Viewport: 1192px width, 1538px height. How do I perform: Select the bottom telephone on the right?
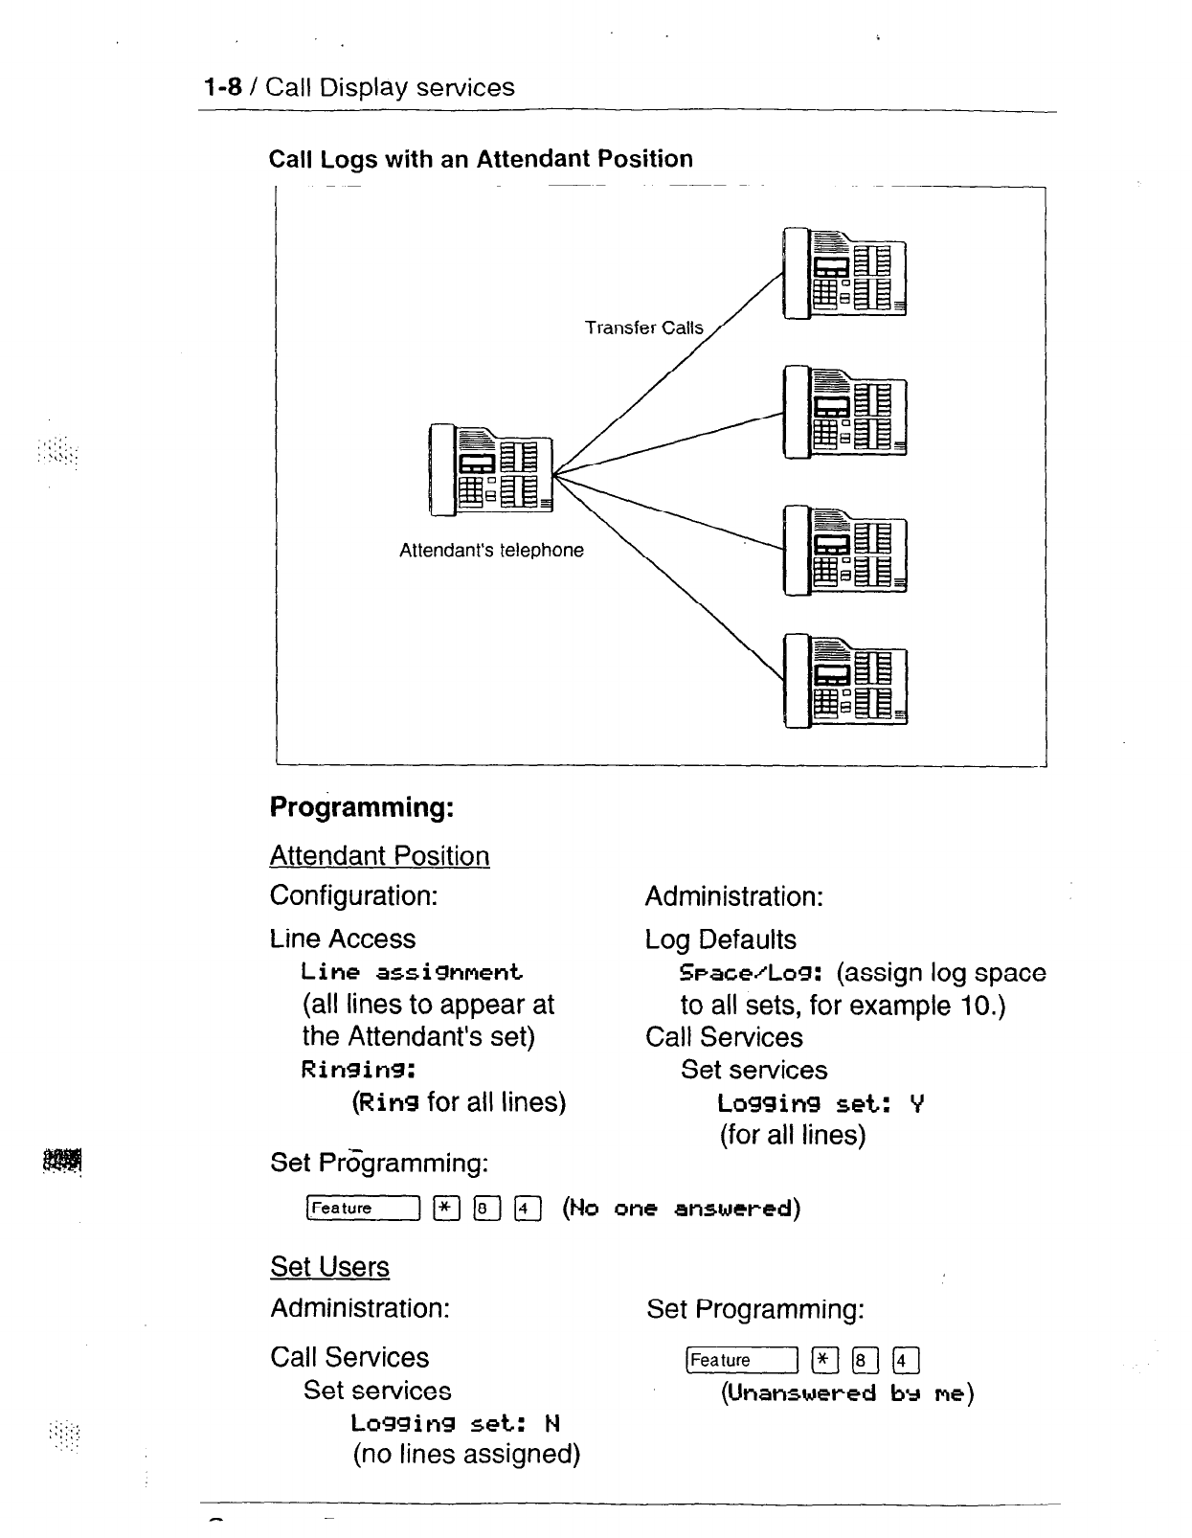tap(843, 680)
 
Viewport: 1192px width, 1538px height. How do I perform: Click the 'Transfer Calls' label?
tap(643, 328)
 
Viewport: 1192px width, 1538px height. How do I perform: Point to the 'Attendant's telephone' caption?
tap(491, 551)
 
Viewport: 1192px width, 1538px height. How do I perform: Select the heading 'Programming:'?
tap(361, 807)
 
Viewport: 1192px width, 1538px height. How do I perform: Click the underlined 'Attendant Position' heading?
tap(379, 856)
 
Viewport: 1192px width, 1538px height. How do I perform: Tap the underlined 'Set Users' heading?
tap(329, 1267)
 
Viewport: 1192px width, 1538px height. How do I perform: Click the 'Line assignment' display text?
tap(412, 973)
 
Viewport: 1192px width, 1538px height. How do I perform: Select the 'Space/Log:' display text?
tap(752, 974)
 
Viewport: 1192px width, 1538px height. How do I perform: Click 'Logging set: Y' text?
tap(821, 1104)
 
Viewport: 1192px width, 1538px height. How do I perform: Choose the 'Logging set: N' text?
tap(455, 1423)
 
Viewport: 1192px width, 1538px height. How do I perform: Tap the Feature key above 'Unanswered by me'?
tap(742, 1361)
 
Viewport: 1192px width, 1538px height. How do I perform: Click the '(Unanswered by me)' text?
tap(847, 1393)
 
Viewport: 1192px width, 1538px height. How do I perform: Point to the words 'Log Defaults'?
tap(720, 939)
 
